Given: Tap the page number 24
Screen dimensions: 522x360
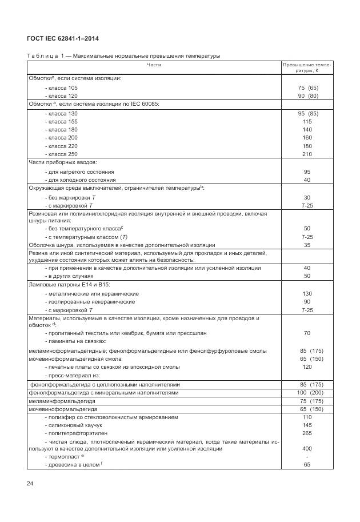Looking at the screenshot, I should click(30, 484).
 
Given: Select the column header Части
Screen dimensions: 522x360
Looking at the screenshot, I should click(154, 66).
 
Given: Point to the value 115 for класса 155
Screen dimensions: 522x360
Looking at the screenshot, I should click(307, 122).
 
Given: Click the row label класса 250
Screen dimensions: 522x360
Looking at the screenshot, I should click(62, 154).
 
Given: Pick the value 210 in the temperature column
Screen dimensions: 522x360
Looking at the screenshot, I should click(307, 154).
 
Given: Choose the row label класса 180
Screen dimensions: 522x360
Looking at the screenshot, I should click(62, 130).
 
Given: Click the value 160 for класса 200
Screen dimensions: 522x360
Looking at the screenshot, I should click(307, 138).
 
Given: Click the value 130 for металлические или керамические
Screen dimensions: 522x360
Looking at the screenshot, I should click(307, 293).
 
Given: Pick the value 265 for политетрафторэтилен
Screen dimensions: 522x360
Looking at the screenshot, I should click(307, 433).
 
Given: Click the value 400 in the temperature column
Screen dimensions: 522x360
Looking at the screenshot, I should click(307, 449).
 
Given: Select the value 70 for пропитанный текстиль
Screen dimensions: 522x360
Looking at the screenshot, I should click(307, 333).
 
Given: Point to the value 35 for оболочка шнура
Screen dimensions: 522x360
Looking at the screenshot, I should click(307, 245).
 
